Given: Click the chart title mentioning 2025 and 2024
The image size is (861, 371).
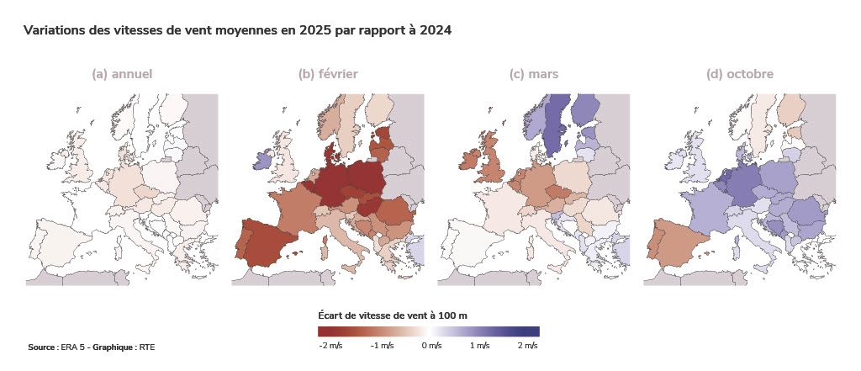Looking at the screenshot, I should tap(238, 30).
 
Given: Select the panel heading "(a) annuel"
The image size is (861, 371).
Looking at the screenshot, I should tap(122, 74).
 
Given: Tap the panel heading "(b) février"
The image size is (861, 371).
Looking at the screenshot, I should tap(328, 74).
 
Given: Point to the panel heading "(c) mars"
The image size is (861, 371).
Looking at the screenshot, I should tap(534, 74).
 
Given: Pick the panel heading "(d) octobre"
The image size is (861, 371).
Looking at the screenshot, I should tap(740, 74).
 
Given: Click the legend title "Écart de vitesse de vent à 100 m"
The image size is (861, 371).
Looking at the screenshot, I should tap(393, 315).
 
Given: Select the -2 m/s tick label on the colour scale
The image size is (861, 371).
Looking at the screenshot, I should tap(330, 346).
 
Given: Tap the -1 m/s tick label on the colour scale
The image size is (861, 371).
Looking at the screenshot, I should tap(383, 346).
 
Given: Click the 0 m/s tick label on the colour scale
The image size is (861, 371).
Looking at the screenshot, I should tap(431, 346).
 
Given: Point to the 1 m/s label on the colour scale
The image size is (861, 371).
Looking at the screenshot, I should tap(479, 346).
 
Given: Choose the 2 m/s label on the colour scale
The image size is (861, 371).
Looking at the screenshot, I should tap(527, 346).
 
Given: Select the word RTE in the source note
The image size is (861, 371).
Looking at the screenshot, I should tap(147, 347).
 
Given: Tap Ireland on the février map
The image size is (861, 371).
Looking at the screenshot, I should tap(260, 159).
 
